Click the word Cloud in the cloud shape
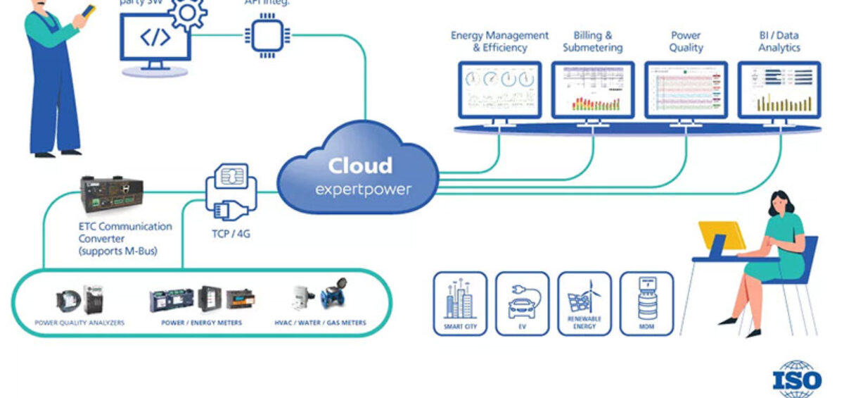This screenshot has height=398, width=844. tap(359, 166)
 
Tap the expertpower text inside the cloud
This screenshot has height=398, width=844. tap(362, 189)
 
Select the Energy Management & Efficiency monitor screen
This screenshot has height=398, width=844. tap(499, 89)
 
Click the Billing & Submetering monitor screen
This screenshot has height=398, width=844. tap(592, 89)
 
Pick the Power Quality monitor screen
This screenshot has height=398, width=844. tap(686, 89)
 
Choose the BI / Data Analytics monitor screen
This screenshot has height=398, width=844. tap(779, 89)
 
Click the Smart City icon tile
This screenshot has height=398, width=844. tap(460, 304)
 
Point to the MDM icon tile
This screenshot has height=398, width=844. tap(646, 304)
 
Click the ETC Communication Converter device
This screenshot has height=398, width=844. tap(113, 195)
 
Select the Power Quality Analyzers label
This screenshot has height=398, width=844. tap(79, 323)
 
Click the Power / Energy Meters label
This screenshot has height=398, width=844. tap(201, 323)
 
